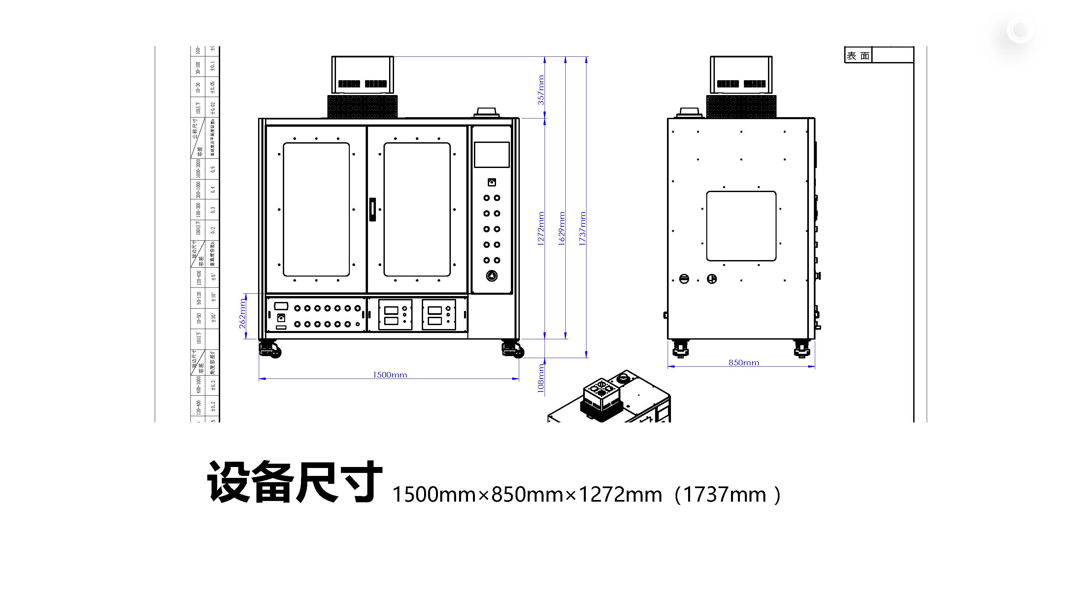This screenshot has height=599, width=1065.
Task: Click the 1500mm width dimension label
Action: click(x=390, y=375)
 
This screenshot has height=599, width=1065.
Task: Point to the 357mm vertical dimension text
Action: click(x=541, y=90)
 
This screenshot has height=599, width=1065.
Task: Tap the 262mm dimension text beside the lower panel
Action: click(x=242, y=314)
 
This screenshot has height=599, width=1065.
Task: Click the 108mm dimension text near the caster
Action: click(x=541, y=378)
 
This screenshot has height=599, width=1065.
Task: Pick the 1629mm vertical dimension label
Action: click(x=561, y=229)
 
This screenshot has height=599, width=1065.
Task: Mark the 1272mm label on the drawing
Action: click(x=541, y=229)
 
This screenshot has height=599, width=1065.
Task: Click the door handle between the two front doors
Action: click(x=373, y=210)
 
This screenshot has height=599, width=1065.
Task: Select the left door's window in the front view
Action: click(x=316, y=210)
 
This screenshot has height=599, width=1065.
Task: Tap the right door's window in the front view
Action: click(x=417, y=210)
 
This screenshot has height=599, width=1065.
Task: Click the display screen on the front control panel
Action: click(x=491, y=154)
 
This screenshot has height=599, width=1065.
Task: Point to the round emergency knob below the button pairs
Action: click(x=491, y=276)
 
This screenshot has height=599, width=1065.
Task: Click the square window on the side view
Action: click(x=741, y=226)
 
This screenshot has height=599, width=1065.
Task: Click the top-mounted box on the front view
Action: click(x=363, y=75)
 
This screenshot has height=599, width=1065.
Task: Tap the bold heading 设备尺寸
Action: click(x=294, y=482)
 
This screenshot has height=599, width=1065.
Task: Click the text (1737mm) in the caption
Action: click(x=727, y=494)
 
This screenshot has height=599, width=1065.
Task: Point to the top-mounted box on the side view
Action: click(x=741, y=75)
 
